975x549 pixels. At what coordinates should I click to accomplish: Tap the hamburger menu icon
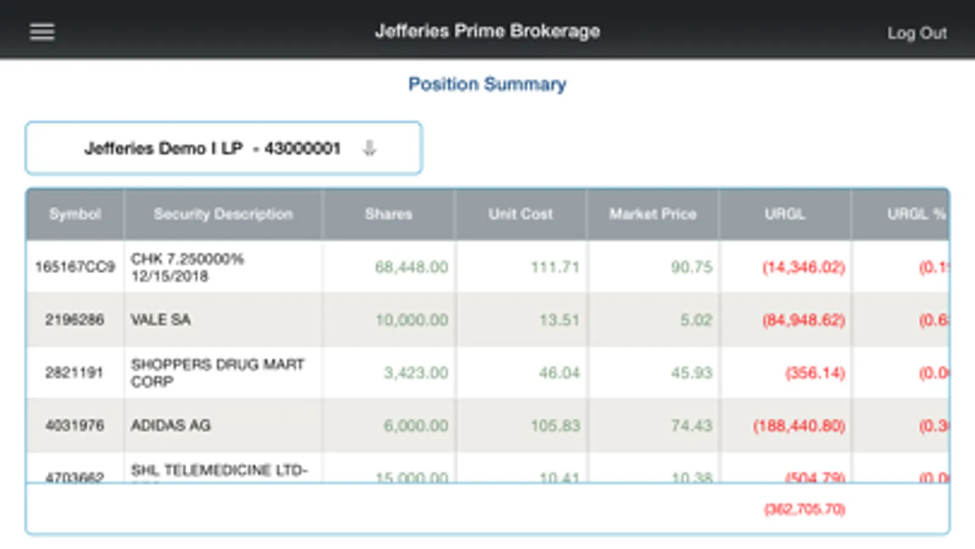pos(42,32)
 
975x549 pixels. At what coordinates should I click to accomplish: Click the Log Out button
pos(916,33)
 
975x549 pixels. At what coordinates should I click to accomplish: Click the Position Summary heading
pos(487,84)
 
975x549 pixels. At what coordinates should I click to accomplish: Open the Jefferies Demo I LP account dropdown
pos(224,148)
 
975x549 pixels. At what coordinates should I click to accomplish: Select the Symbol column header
pos(75,214)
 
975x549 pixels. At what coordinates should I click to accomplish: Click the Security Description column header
pos(223,214)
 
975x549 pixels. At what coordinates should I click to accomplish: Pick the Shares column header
pos(388,214)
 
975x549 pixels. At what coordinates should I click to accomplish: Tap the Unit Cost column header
pos(520,214)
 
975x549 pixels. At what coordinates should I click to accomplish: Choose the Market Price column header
pos(652,214)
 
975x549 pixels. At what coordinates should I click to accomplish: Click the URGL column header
pos(785,214)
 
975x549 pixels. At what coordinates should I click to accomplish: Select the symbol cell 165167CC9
pos(75,267)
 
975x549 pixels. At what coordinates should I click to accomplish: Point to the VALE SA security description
pos(161,320)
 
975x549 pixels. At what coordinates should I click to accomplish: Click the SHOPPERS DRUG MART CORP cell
pos(217,373)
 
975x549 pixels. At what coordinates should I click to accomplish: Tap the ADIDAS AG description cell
pos(171,425)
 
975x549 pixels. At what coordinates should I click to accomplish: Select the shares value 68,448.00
pos(412,267)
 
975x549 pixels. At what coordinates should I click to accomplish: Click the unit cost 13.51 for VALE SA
pos(559,320)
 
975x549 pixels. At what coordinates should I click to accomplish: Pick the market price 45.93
pos(691,373)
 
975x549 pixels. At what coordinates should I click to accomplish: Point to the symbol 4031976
pos(75,425)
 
